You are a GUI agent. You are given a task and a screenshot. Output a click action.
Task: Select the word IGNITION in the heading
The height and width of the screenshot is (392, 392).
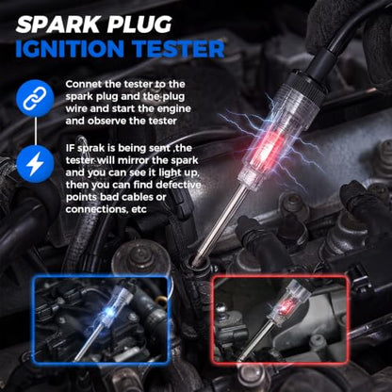pyautogui.click(x=70, y=49)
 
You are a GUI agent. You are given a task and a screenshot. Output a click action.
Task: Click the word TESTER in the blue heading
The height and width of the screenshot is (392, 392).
pyautogui.click(x=178, y=49)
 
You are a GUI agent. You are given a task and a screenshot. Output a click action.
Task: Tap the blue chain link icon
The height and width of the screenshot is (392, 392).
pyautogui.click(x=35, y=98)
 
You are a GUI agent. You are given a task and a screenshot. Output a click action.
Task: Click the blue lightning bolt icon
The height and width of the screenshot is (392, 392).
pyautogui.click(x=35, y=165)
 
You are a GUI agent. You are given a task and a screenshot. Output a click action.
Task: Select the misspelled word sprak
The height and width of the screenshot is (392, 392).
pyautogui.click(x=88, y=149)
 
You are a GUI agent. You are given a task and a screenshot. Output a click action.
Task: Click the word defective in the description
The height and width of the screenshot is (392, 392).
pyautogui.click(x=178, y=185)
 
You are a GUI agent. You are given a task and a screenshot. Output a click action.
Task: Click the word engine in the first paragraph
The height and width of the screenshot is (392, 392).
pyautogui.click(x=173, y=109)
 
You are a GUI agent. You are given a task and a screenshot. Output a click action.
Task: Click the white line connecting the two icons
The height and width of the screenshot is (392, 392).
pyautogui.click(x=36, y=132)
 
